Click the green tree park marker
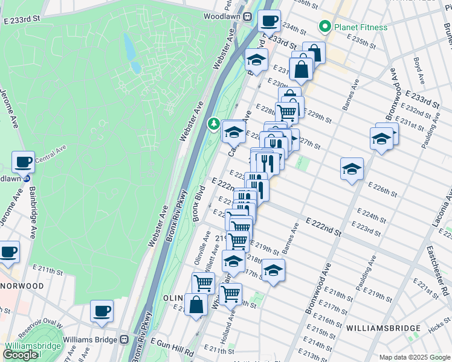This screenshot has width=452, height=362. (x=213, y=124)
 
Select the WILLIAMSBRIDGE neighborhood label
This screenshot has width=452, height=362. (x=383, y=328)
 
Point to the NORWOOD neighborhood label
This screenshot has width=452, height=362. (x=22, y=285)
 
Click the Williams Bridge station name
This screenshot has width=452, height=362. (x=91, y=339)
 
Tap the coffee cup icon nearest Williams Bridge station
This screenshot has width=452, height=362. (x=102, y=311)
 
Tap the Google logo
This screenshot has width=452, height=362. (x=21, y=355)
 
